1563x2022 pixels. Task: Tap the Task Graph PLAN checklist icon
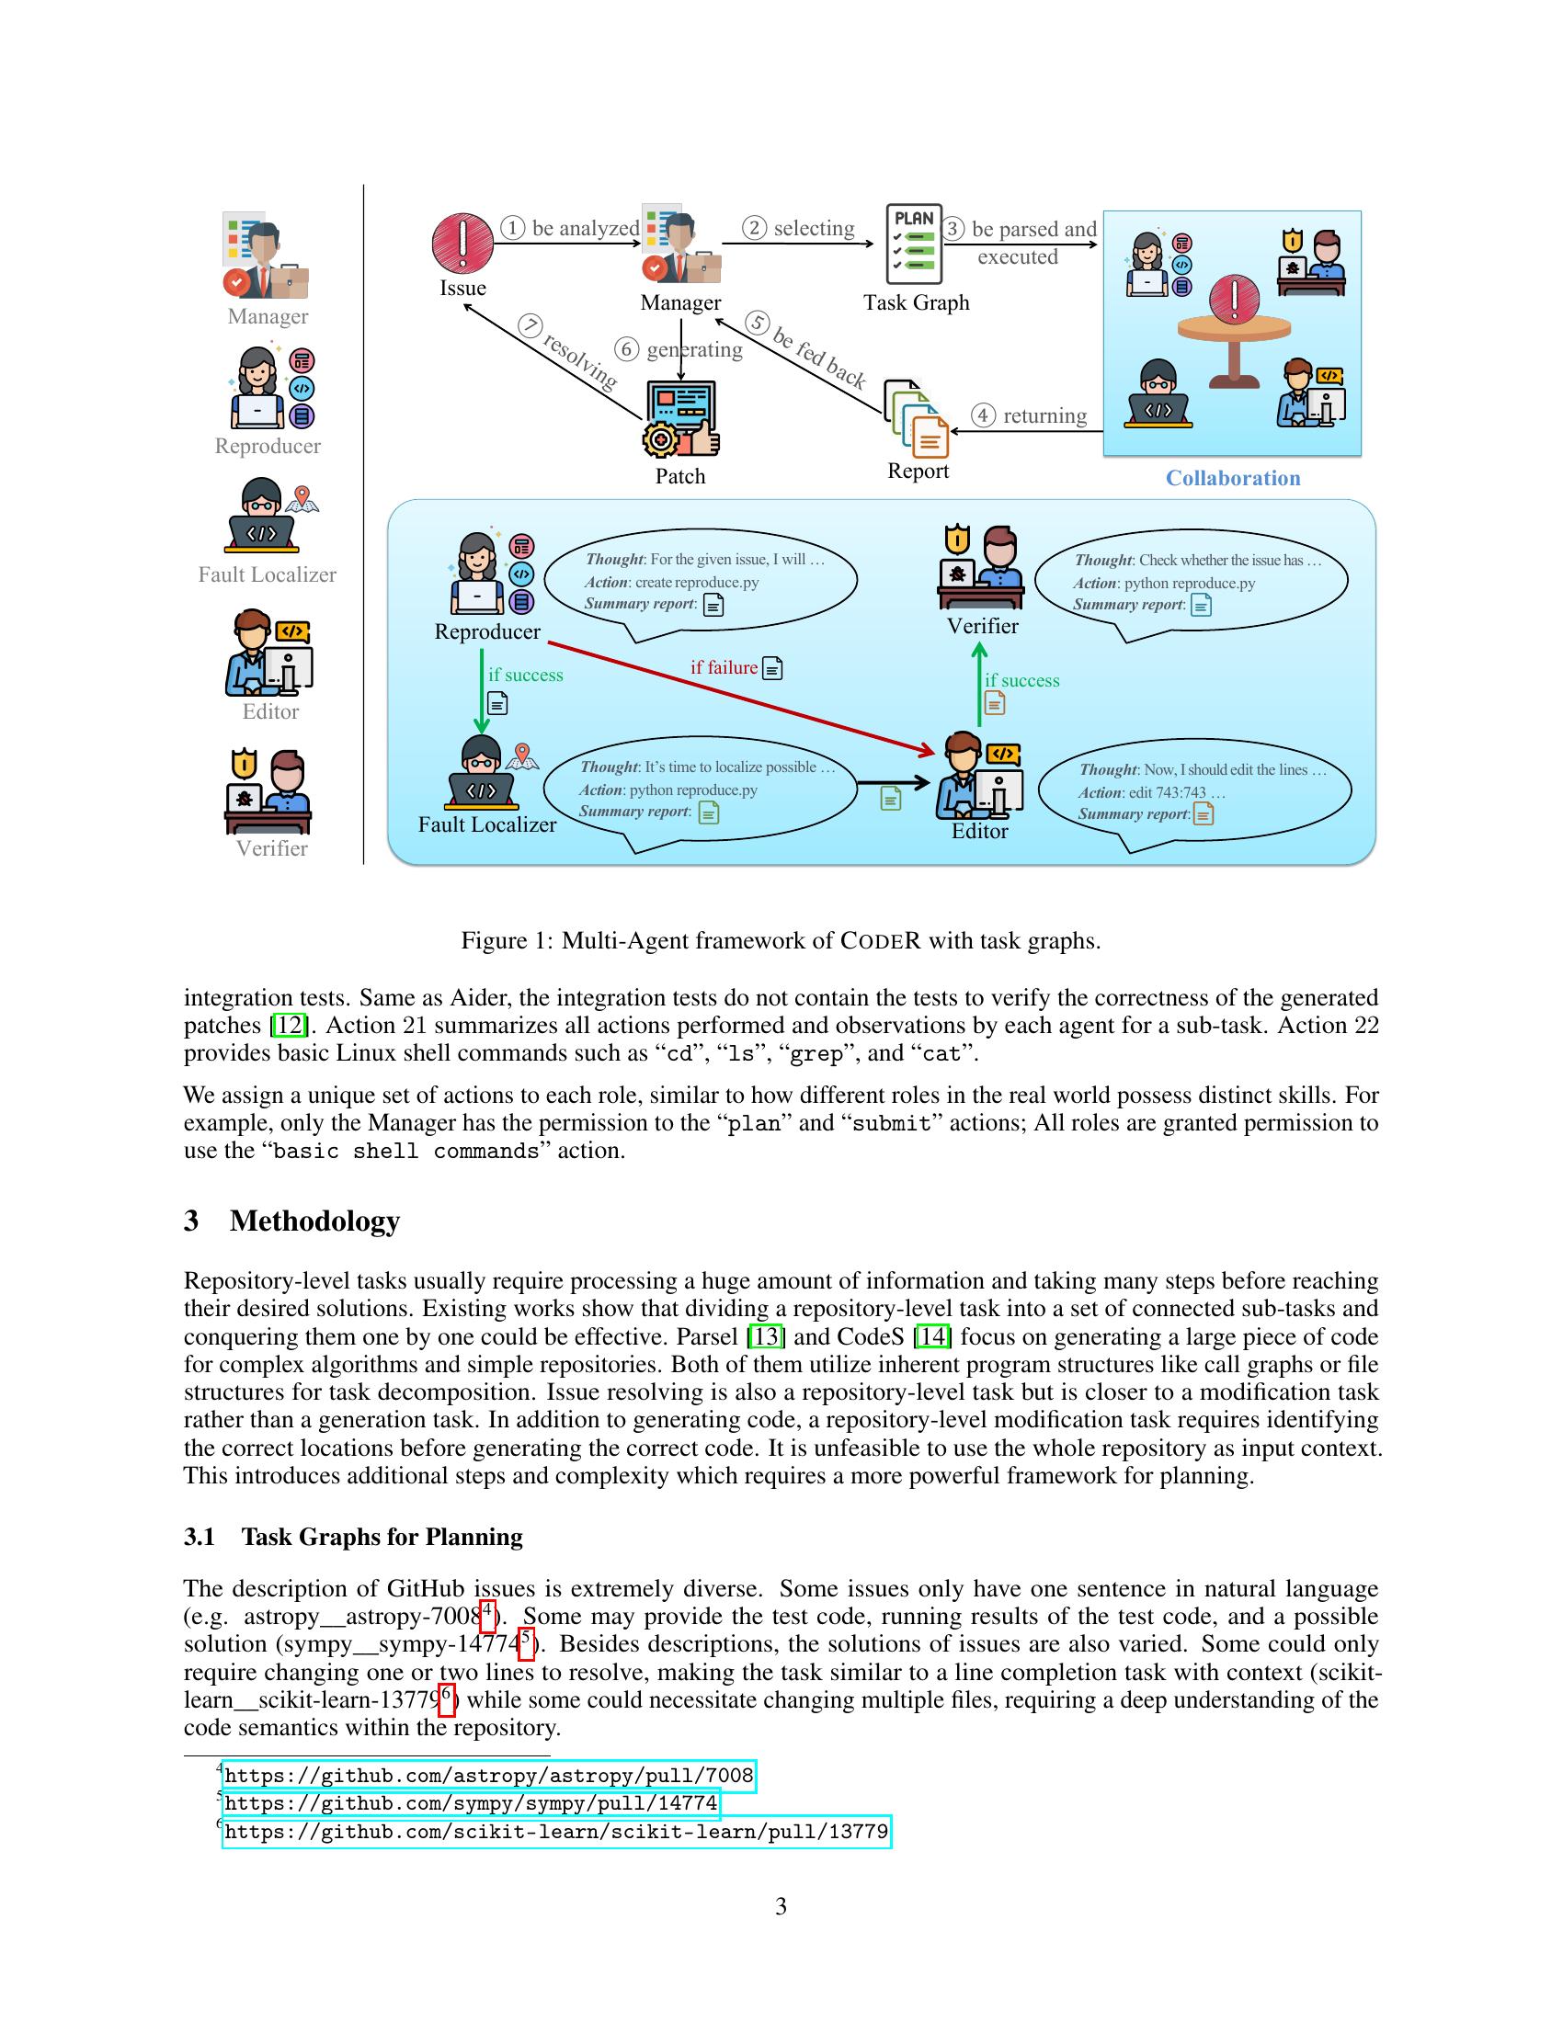(914, 244)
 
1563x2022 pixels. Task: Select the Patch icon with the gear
(680, 419)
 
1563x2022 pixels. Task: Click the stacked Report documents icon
(917, 418)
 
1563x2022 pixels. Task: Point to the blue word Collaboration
(1232, 478)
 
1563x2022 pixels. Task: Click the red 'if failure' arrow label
(724, 667)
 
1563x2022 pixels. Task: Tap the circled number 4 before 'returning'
(984, 415)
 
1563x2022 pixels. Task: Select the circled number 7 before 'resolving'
(531, 326)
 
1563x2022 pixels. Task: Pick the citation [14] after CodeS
(931, 1337)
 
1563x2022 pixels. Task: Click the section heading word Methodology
(314, 1221)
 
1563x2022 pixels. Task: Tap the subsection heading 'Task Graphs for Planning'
(382, 1537)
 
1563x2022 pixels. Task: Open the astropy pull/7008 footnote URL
(489, 1776)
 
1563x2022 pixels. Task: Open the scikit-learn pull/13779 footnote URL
(556, 1831)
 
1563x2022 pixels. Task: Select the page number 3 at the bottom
(781, 1906)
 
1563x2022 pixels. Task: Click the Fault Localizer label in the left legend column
(267, 575)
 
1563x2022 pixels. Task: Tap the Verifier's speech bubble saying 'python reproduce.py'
(1191, 583)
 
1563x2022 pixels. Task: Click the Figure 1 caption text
(781, 940)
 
